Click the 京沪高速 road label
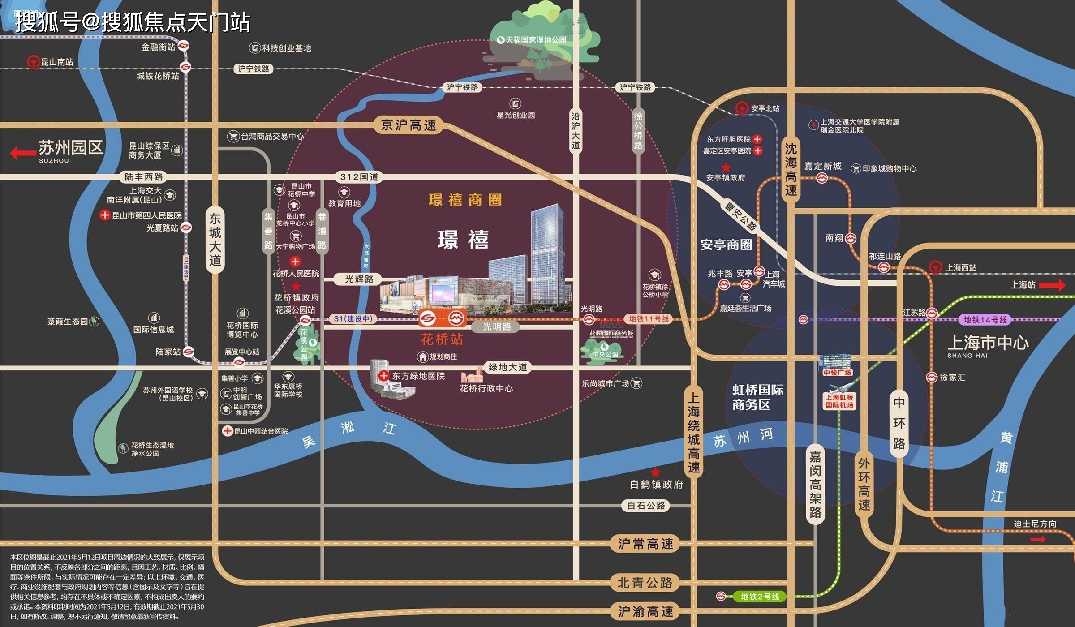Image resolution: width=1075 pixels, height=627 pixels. (x=408, y=125)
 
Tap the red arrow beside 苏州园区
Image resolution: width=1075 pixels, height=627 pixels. (x=23, y=153)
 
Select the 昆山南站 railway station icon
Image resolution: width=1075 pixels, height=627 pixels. (x=33, y=62)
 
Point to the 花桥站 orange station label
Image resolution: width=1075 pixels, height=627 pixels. (x=442, y=339)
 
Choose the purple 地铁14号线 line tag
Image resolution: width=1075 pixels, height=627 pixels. (x=985, y=319)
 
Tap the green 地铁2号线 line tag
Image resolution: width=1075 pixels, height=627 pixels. (x=760, y=597)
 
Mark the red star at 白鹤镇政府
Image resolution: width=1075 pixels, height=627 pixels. (x=655, y=472)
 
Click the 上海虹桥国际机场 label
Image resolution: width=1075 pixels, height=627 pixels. (x=839, y=401)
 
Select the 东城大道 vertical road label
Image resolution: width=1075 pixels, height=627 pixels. (x=215, y=240)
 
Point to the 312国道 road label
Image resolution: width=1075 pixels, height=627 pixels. (x=359, y=177)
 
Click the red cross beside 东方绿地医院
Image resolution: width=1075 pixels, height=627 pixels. (x=383, y=376)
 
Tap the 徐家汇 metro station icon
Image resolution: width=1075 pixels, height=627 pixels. (x=932, y=378)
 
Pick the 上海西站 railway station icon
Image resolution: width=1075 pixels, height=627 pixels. (x=935, y=267)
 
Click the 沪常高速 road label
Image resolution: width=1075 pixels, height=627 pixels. (x=645, y=544)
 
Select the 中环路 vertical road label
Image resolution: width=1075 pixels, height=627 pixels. (x=899, y=423)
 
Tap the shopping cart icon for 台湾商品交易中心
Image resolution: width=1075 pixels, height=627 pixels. (x=233, y=136)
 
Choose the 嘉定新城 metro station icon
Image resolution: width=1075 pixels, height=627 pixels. (x=822, y=178)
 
